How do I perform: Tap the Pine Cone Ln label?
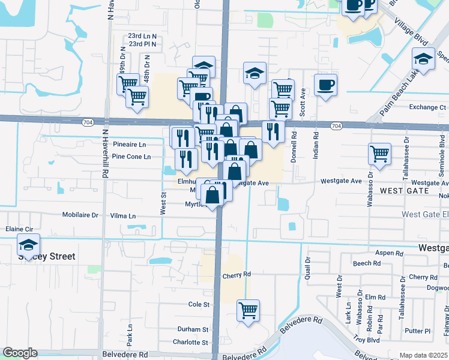pos(131,157)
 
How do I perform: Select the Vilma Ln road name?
pos(123,216)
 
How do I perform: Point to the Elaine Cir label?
pos(19,229)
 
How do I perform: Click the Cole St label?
pos(199,305)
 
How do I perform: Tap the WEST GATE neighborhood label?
pos(404,191)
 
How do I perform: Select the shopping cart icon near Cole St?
pos(248,310)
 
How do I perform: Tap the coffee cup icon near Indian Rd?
pos(325,85)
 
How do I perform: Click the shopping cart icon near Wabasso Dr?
pos(379,154)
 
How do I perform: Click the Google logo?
pos(20,353)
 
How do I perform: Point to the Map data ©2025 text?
pos(423,355)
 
